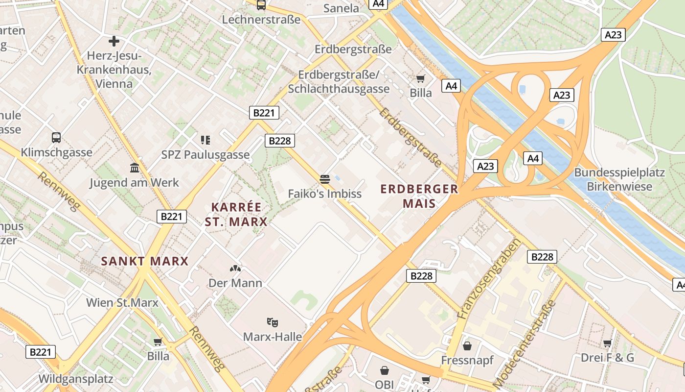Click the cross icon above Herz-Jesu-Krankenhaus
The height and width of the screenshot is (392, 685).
[x=114, y=41]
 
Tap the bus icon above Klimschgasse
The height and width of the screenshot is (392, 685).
[x=56, y=138]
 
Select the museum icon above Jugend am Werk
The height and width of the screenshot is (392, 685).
[x=135, y=168]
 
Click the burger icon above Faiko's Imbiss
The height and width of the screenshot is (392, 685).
[x=324, y=179]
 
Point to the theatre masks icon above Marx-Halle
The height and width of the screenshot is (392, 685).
[x=273, y=322]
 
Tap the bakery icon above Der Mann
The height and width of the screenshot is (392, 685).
[x=235, y=269]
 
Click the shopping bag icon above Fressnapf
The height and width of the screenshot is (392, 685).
[x=467, y=345]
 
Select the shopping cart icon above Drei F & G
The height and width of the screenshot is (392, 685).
[x=607, y=343]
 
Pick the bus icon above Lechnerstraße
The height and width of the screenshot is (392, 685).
[x=261, y=5]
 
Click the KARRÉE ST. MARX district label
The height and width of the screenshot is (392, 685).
[x=236, y=214]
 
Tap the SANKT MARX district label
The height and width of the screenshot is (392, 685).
[x=145, y=261]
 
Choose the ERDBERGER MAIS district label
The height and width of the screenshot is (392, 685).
[x=419, y=196]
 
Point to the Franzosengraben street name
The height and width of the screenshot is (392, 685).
[x=488, y=279]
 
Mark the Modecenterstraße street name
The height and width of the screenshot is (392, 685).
[x=525, y=343]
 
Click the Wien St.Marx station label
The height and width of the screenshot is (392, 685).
[x=122, y=302]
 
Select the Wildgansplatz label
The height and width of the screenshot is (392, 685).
[x=76, y=379]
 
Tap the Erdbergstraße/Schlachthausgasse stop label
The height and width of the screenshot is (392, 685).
[x=339, y=82]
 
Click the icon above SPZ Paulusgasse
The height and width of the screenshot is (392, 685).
[x=205, y=140]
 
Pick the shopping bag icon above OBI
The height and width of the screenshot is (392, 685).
[x=385, y=370]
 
